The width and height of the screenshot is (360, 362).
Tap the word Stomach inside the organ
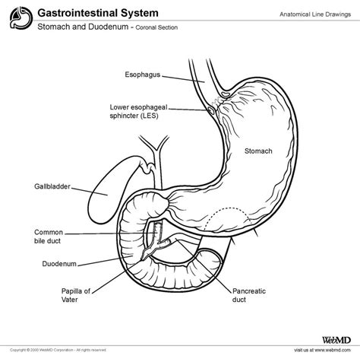[x=257, y=151]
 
